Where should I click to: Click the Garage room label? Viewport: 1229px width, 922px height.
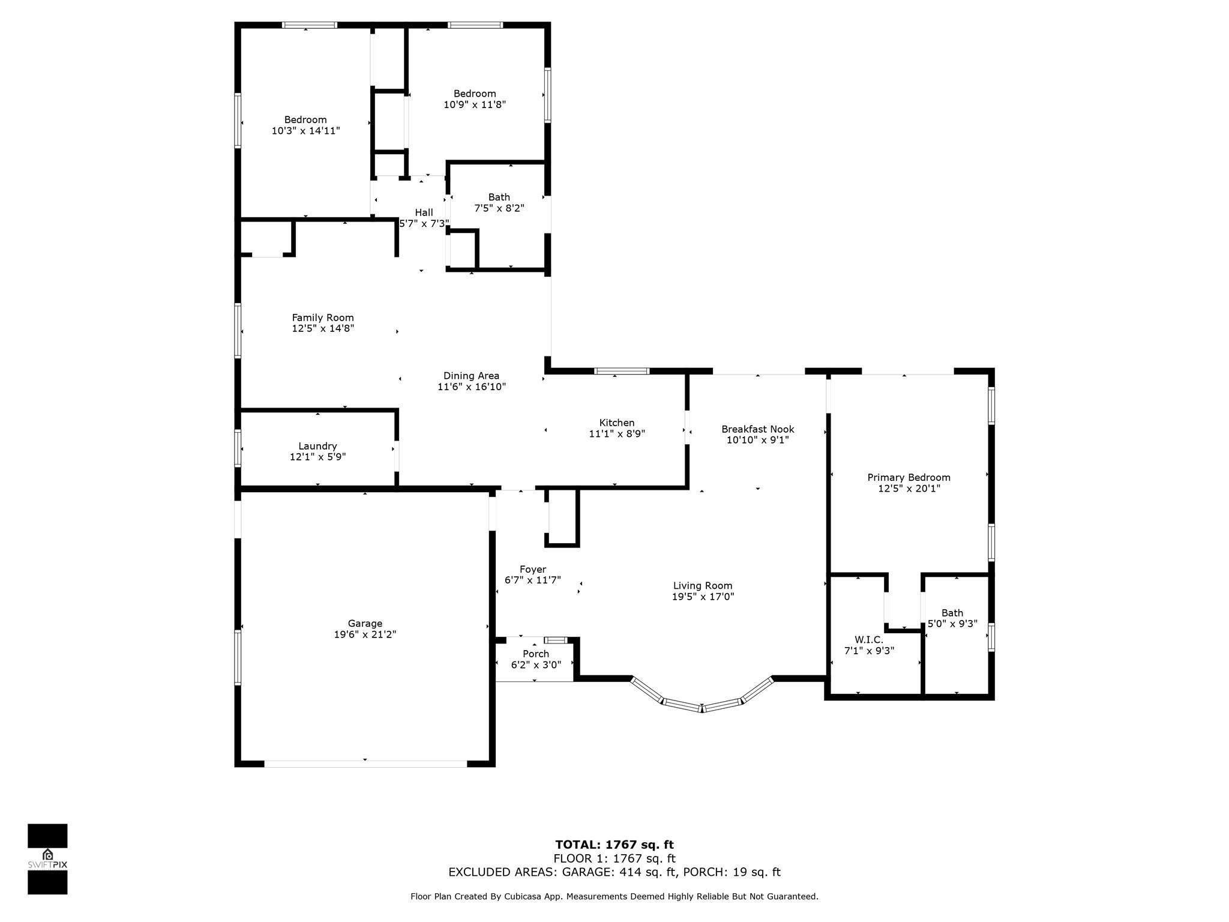pyautogui.click(x=365, y=623)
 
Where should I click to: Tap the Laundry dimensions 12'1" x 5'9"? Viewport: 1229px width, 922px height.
pyautogui.click(x=317, y=457)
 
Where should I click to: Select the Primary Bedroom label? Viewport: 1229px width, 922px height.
pyautogui.click(x=909, y=478)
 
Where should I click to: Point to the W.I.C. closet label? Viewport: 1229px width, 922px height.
pyautogui.click(x=869, y=640)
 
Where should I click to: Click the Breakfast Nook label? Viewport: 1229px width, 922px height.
pyautogui.click(x=757, y=429)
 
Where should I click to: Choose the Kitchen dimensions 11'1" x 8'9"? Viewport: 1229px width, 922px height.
pyautogui.click(x=617, y=433)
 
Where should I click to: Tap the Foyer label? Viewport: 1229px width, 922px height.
pyautogui.click(x=533, y=570)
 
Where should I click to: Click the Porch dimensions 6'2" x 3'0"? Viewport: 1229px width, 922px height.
pyautogui.click(x=536, y=664)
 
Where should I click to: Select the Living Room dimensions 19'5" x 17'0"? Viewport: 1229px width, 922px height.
pyautogui.click(x=703, y=597)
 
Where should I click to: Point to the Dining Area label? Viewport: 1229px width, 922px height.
pyautogui.click(x=471, y=376)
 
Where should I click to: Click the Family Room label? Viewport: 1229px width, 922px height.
pyautogui.click(x=323, y=318)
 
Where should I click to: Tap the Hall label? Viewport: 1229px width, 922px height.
pyautogui.click(x=424, y=212)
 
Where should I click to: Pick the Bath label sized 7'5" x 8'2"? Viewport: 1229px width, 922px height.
pyautogui.click(x=499, y=197)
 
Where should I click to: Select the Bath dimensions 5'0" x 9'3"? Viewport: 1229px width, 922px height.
pyautogui.click(x=952, y=624)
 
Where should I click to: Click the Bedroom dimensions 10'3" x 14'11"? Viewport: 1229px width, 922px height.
pyautogui.click(x=305, y=130)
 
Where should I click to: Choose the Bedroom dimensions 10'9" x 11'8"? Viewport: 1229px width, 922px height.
pyautogui.click(x=475, y=104)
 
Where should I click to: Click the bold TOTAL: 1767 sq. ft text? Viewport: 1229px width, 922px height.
pyautogui.click(x=614, y=845)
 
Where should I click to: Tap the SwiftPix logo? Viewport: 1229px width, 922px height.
pyautogui.click(x=47, y=859)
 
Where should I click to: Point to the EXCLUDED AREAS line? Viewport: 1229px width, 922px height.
pyautogui.click(x=614, y=872)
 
